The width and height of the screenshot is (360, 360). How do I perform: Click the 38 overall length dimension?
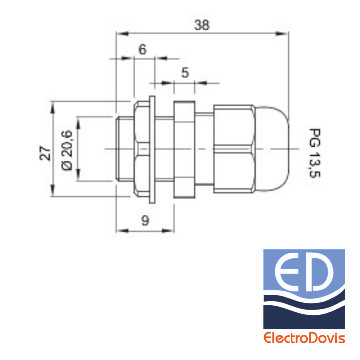[x=202, y=25]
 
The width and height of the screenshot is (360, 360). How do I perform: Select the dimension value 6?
[x=142, y=49]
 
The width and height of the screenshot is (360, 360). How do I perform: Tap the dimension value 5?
[x=185, y=73]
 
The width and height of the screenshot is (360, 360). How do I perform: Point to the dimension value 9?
[x=145, y=221]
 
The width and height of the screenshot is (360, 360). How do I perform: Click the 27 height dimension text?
[x=45, y=153]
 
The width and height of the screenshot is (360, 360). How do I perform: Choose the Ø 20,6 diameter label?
[x=67, y=150]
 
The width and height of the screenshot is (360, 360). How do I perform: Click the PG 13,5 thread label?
[x=315, y=153]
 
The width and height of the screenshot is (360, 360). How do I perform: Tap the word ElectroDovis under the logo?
[x=304, y=338]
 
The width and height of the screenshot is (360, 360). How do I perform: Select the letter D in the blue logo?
[x=319, y=272]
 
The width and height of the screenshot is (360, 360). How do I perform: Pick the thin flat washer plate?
[x=152, y=150]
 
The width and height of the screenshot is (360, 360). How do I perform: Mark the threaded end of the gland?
[x=125, y=149]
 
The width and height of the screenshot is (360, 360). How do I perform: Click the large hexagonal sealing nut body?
[x=234, y=149]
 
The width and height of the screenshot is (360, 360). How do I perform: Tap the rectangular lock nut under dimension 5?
[x=184, y=150]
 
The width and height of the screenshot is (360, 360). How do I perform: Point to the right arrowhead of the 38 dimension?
[x=282, y=34]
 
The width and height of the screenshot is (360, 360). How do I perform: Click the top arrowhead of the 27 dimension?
[x=53, y=108]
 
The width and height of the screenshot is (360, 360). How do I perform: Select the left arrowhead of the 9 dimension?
[x=122, y=230]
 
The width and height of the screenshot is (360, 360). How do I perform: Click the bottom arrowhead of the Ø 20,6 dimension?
[x=78, y=175]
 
